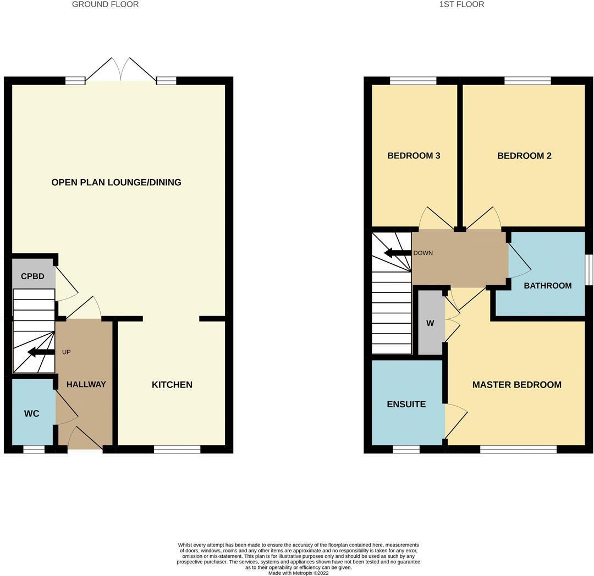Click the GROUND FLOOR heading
tap(105, 4)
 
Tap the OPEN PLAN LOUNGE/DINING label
tap(116, 182)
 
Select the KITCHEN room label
tap(172, 385)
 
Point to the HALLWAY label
tap(86, 385)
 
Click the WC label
tap(32, 414)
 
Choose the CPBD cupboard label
tap(32, 276)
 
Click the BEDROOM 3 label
tap(414, 156)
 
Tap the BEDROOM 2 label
tap(524, 156)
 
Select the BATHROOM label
tap(547, 286)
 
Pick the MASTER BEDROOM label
tap(516, 385)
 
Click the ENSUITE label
tap(406, 405)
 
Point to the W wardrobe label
tap(430, 324)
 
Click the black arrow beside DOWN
tap(397, 253)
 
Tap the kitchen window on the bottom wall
tap(177, 450)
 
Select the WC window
tap(34, 450)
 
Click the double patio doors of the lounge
tap(121, 70)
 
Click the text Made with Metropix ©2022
tap(298, 573)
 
